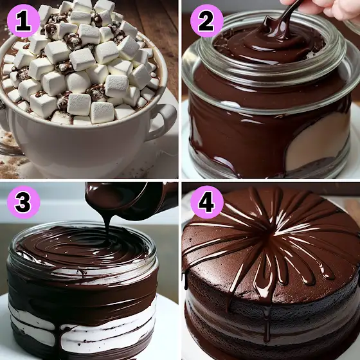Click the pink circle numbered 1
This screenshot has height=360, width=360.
(x=23, y=21)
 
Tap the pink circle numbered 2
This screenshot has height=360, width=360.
(x=206, y=21)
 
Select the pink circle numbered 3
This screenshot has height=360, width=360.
(x=23, y=202)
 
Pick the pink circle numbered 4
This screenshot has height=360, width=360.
(x=206, y=202)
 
